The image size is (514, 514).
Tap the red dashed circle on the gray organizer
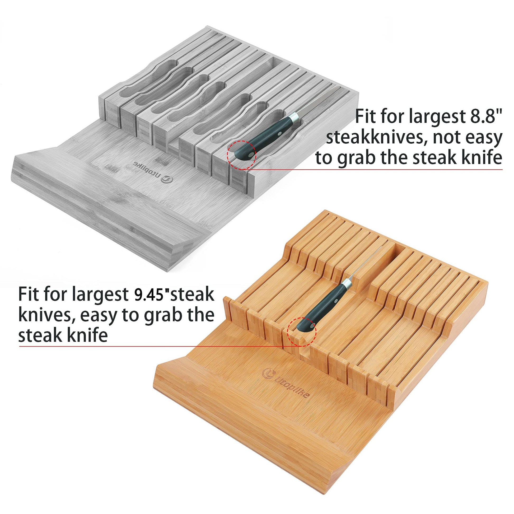[241, 155]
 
